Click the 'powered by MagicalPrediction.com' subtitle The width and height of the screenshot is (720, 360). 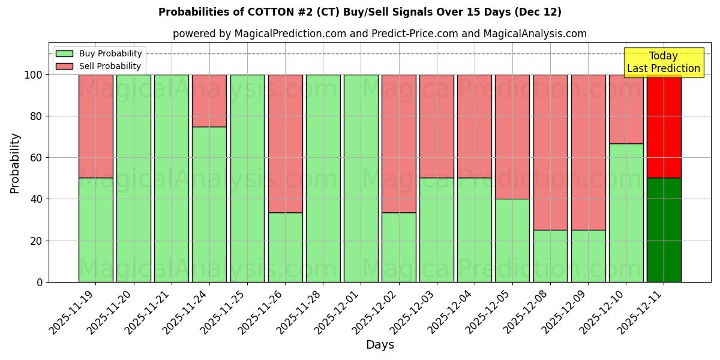click(x=379, y=34)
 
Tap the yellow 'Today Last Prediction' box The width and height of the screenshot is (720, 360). click(x=663, y=62)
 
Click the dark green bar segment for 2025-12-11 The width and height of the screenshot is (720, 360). click(x=664, y=230)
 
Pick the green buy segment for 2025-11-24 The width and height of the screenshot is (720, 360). click(x=209, y=204)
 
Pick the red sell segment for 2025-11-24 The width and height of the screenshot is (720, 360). click(x=209, y=100)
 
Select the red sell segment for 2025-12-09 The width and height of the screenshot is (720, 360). click(x=588, y=152)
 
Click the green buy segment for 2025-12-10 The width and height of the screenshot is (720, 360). click(x=626, y=212)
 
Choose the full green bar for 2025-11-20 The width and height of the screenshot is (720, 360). click(x=133, y=178)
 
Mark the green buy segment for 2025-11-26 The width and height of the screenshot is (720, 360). click(x=285, y=247)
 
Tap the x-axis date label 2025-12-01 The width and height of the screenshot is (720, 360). click(x=337, y=312)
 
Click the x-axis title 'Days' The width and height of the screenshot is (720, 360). click(x=380, y=345)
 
